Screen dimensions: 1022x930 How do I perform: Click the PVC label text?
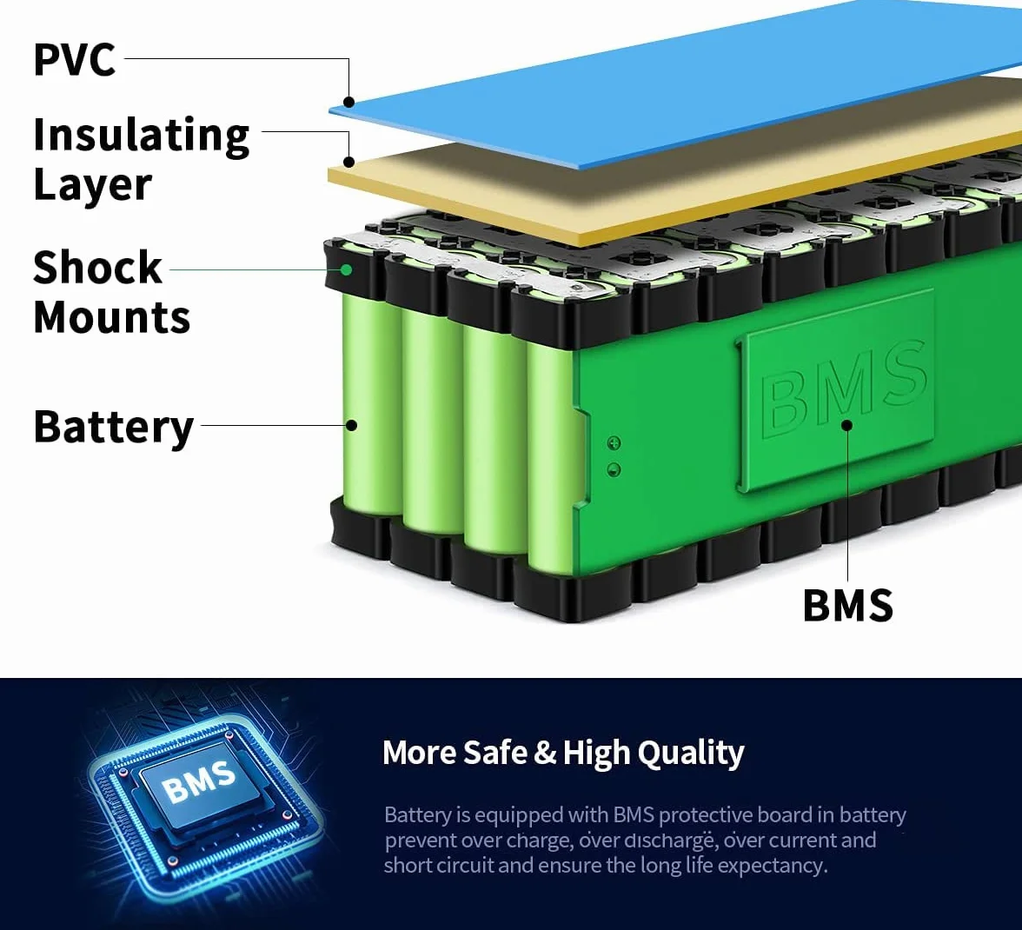(75, 59)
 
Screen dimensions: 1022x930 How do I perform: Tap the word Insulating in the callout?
(142, 136)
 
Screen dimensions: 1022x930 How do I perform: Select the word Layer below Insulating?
(92, 185)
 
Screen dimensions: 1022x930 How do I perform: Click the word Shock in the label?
(97, 267)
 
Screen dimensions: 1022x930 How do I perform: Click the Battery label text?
(113, 428)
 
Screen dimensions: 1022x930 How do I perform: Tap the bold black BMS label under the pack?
(847, 606)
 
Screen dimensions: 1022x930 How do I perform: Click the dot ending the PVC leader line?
(349, 102)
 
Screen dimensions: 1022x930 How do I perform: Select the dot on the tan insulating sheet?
(349, 162)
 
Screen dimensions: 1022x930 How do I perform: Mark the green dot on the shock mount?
(347, 269)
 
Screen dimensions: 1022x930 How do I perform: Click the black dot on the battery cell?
(351, 426)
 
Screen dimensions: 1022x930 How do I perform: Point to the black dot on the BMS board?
(847, 426)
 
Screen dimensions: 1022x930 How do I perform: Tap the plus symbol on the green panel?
(614, 443)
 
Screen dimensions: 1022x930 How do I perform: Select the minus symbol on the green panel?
(614, 469)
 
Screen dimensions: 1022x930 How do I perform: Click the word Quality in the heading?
(690, 754)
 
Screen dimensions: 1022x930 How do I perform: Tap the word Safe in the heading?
(494, 752)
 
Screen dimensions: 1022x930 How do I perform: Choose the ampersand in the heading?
(545, 753)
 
